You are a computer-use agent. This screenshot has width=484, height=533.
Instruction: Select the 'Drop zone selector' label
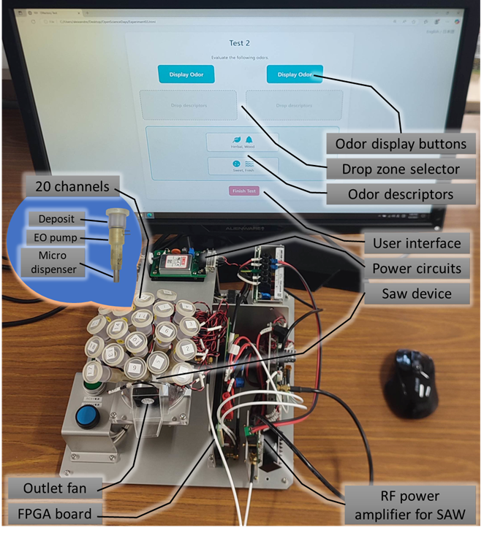(400, 169)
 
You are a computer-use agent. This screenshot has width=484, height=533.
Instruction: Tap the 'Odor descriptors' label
(400, 194)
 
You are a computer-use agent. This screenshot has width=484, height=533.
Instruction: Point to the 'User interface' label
(415, 243)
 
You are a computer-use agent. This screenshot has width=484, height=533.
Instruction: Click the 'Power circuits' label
(415, 268)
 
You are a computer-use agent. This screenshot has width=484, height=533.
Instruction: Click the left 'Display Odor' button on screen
(186, 74)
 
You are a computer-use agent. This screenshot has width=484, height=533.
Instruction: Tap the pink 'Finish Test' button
(243, 191)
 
